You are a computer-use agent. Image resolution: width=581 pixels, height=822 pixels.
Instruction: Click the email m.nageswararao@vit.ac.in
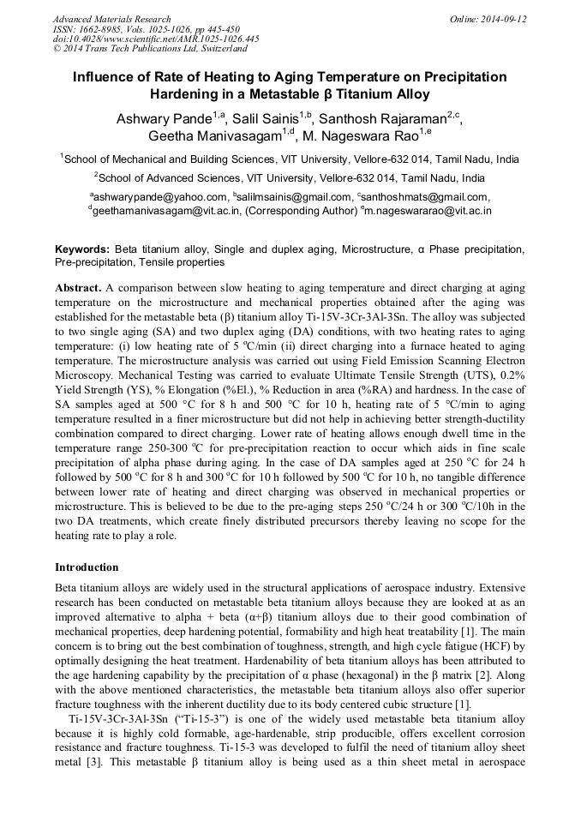pyautogui.click(x=428, y=210)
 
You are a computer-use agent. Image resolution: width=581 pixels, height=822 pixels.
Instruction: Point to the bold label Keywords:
pyautogui.click(x=82, y=249)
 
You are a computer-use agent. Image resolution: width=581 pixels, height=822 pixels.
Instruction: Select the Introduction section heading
pyautogui.click(x=87, y=567)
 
